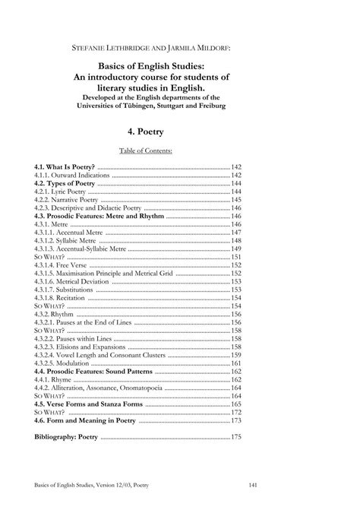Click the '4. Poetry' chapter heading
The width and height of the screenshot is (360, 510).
click(x=179, y=131)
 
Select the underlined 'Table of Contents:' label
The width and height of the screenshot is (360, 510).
click(x=179, y=150)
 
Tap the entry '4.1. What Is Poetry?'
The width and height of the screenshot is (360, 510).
click(x=65, y=166)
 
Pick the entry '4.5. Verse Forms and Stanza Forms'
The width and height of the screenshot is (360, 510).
click(x=90, y=404)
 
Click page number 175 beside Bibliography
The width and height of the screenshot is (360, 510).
click(x=235, y=437)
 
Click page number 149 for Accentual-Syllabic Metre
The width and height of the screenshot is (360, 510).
click(x=235, y=249)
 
